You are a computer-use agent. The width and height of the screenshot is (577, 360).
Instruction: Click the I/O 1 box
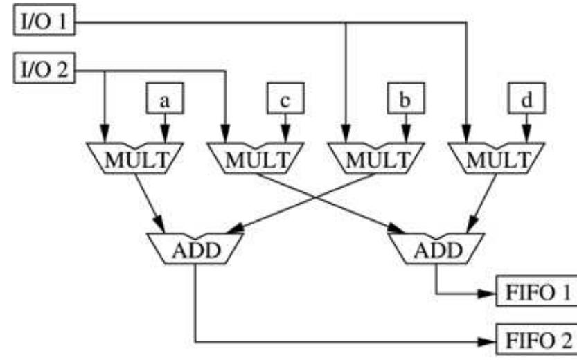point(43,25)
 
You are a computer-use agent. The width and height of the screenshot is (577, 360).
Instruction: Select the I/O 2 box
point(43,71)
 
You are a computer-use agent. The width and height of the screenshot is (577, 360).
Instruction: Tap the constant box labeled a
point(164,100)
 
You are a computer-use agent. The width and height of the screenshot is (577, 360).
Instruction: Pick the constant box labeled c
point(285,100)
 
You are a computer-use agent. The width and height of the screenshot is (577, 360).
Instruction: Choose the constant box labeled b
point(405,100)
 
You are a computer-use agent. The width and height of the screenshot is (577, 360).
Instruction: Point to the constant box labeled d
point(526,100)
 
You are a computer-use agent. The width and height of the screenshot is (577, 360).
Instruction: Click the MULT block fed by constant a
point(134,158)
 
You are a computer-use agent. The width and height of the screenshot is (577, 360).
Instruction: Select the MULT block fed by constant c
point(256,158)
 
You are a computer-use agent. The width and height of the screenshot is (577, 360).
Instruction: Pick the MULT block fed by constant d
point(497,158)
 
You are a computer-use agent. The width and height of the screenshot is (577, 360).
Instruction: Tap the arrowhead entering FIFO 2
point(489,341)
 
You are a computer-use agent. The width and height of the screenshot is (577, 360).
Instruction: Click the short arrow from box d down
point(526,128)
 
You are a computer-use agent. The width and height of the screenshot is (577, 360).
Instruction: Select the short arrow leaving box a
point(164,128)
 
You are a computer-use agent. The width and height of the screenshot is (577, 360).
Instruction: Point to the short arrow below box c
point(285,128)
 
